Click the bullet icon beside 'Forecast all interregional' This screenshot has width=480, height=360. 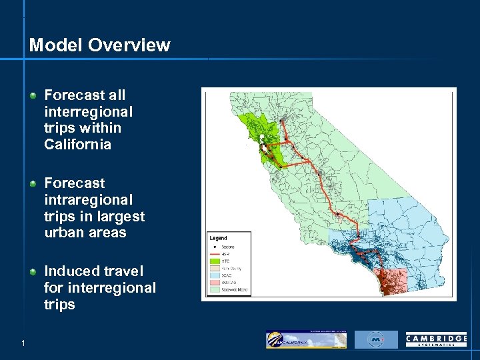pos(33,96)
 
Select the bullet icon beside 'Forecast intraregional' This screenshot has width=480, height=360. pos(33,183)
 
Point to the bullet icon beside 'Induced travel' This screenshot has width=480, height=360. pos(33,271)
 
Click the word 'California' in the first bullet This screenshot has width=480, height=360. pos(77,145)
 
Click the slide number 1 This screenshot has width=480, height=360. pos(23,343)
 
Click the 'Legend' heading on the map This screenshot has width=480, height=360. pos(218,238)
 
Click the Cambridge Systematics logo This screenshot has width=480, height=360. pos(436,340)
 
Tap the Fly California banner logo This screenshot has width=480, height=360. pos(306,339)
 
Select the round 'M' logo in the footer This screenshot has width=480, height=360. pos(376,340)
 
